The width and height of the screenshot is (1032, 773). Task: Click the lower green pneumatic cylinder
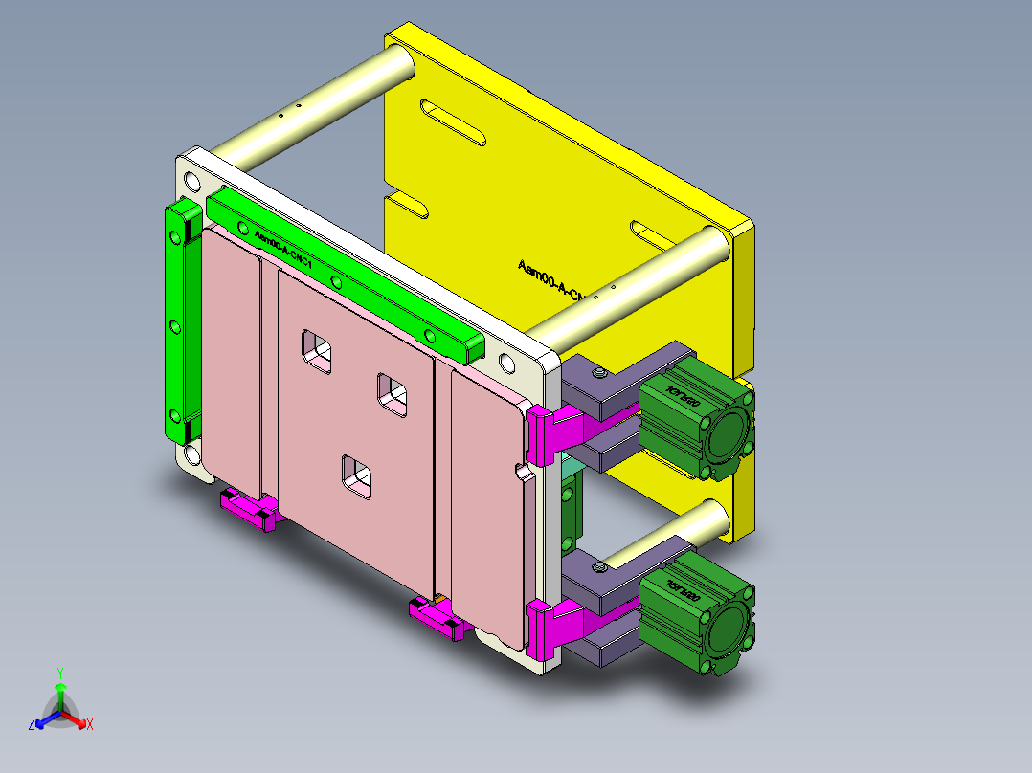click(694, 617)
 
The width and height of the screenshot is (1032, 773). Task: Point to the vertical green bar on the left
click(177, 320)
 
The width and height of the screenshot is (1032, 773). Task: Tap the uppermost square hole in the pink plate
click(317, 351)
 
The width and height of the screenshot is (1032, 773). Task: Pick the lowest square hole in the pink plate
click(357, 476)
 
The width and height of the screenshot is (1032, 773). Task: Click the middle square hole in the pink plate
click(392, 393)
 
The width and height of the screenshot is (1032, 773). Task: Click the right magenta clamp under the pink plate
click(437, 617)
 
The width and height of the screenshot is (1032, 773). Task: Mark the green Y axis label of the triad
click(59, 673)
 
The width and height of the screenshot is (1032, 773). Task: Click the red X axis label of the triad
click(89, 725)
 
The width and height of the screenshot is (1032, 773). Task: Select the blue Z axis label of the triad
click(32, 725)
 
